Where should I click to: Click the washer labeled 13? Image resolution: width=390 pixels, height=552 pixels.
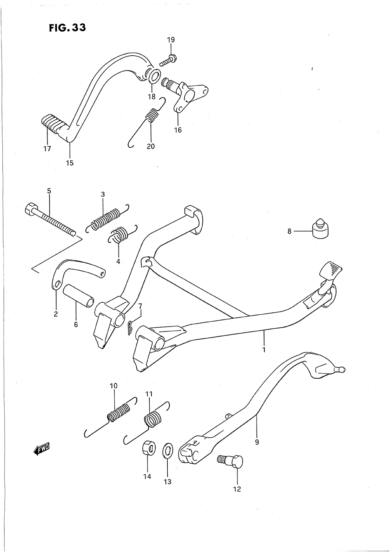coord(167,451)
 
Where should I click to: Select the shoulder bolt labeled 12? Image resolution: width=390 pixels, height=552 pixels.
coord(232,462)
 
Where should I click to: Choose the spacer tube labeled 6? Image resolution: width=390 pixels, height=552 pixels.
coord(79,296)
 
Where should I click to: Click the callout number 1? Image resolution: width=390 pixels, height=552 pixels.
coord(264,349)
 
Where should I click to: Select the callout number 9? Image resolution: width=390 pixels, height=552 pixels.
coord(257,442)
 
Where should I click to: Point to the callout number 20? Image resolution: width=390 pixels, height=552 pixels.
coord(151,146)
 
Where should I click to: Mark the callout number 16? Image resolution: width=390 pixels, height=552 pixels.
coord(178,130)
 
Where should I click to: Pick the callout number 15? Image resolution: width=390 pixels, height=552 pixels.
coord(69,163)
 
